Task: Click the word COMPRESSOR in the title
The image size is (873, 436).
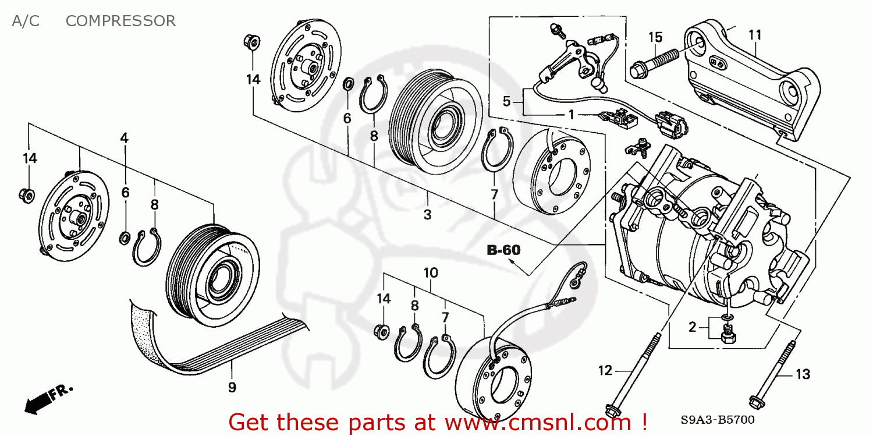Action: pos(120,21)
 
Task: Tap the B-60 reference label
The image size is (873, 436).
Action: pos(503,251)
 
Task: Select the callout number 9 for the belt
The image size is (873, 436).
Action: pos(232,388)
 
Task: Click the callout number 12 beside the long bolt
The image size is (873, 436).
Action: pos(605,370)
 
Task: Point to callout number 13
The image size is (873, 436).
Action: pos(803,375)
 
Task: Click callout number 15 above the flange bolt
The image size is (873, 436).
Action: pos(655,37)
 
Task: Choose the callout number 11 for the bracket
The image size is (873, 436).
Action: pos(755,35)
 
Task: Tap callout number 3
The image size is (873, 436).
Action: pos(427,215)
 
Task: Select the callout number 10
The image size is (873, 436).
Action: pos(431,272)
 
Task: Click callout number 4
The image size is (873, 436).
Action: pos(125,138)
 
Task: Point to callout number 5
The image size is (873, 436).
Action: pos(506,102)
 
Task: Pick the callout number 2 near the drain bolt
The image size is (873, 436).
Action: pos(692,327)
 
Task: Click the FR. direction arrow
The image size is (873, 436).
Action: pos(49,396)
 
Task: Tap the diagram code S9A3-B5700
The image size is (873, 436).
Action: pos(718,419)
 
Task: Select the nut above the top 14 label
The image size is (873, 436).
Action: pos(252,42)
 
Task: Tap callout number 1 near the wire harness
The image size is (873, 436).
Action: pos(572,115)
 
